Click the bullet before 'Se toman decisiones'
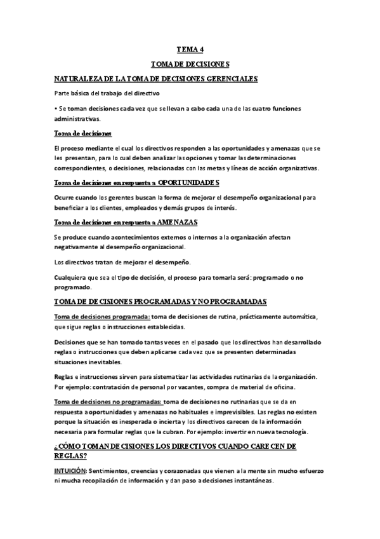pyautogui.click(x=56, y=109)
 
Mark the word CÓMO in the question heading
pyautogui.click(x=72, y=447)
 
